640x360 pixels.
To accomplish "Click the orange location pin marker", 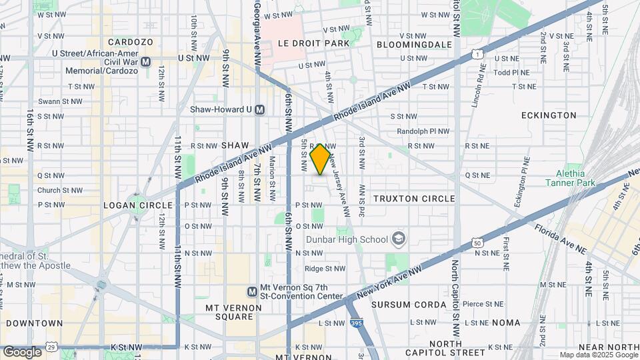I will [x=320, y=159].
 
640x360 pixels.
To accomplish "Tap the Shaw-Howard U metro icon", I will [x=260, y=109].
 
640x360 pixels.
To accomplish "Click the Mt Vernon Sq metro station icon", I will [x=253, y=291].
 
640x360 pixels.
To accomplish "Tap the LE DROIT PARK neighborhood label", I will [x=313, y=43].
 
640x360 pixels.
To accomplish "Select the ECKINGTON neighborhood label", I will [x=550, y=115].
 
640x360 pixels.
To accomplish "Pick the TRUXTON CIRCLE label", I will [x=414, y=199].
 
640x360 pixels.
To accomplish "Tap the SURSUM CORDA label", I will [x=409, y=305].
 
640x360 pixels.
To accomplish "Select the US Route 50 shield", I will [x=477, y=243].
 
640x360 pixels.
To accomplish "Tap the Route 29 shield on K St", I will [x=51, y=347].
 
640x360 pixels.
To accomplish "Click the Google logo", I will [x=22, y=351].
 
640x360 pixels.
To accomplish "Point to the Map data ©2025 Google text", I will [x=598, y=355].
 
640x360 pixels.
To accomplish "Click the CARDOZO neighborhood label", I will [x=131, y=42].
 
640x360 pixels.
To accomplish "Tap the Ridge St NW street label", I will [x=325, y=269].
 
